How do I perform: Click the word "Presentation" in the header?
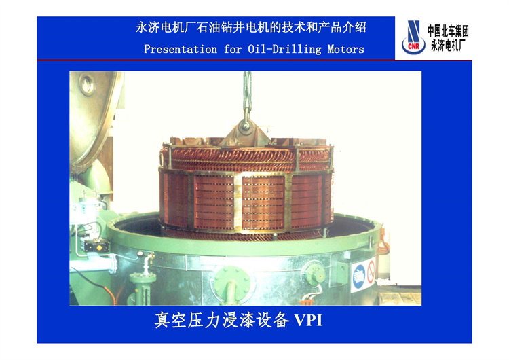coord(181,50)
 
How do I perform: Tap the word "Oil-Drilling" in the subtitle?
coord(284,50)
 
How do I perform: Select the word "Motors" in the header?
coord(345,50)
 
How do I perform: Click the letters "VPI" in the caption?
coord(308,321)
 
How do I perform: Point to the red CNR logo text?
coord(413,46)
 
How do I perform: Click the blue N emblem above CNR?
coord(414,31)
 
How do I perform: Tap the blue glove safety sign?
coord(359,276)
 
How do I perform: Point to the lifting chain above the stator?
coord(247,94)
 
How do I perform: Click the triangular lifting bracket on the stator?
coord(246,132)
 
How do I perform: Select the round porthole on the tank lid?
coord(87,84)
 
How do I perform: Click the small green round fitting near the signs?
coord(314,274)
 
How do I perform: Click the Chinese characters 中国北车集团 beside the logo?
coord(448,31)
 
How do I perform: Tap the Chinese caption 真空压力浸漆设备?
coord(222,321)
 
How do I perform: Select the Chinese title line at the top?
coord(251,27)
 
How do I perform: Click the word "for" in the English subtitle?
coord(232,50)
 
